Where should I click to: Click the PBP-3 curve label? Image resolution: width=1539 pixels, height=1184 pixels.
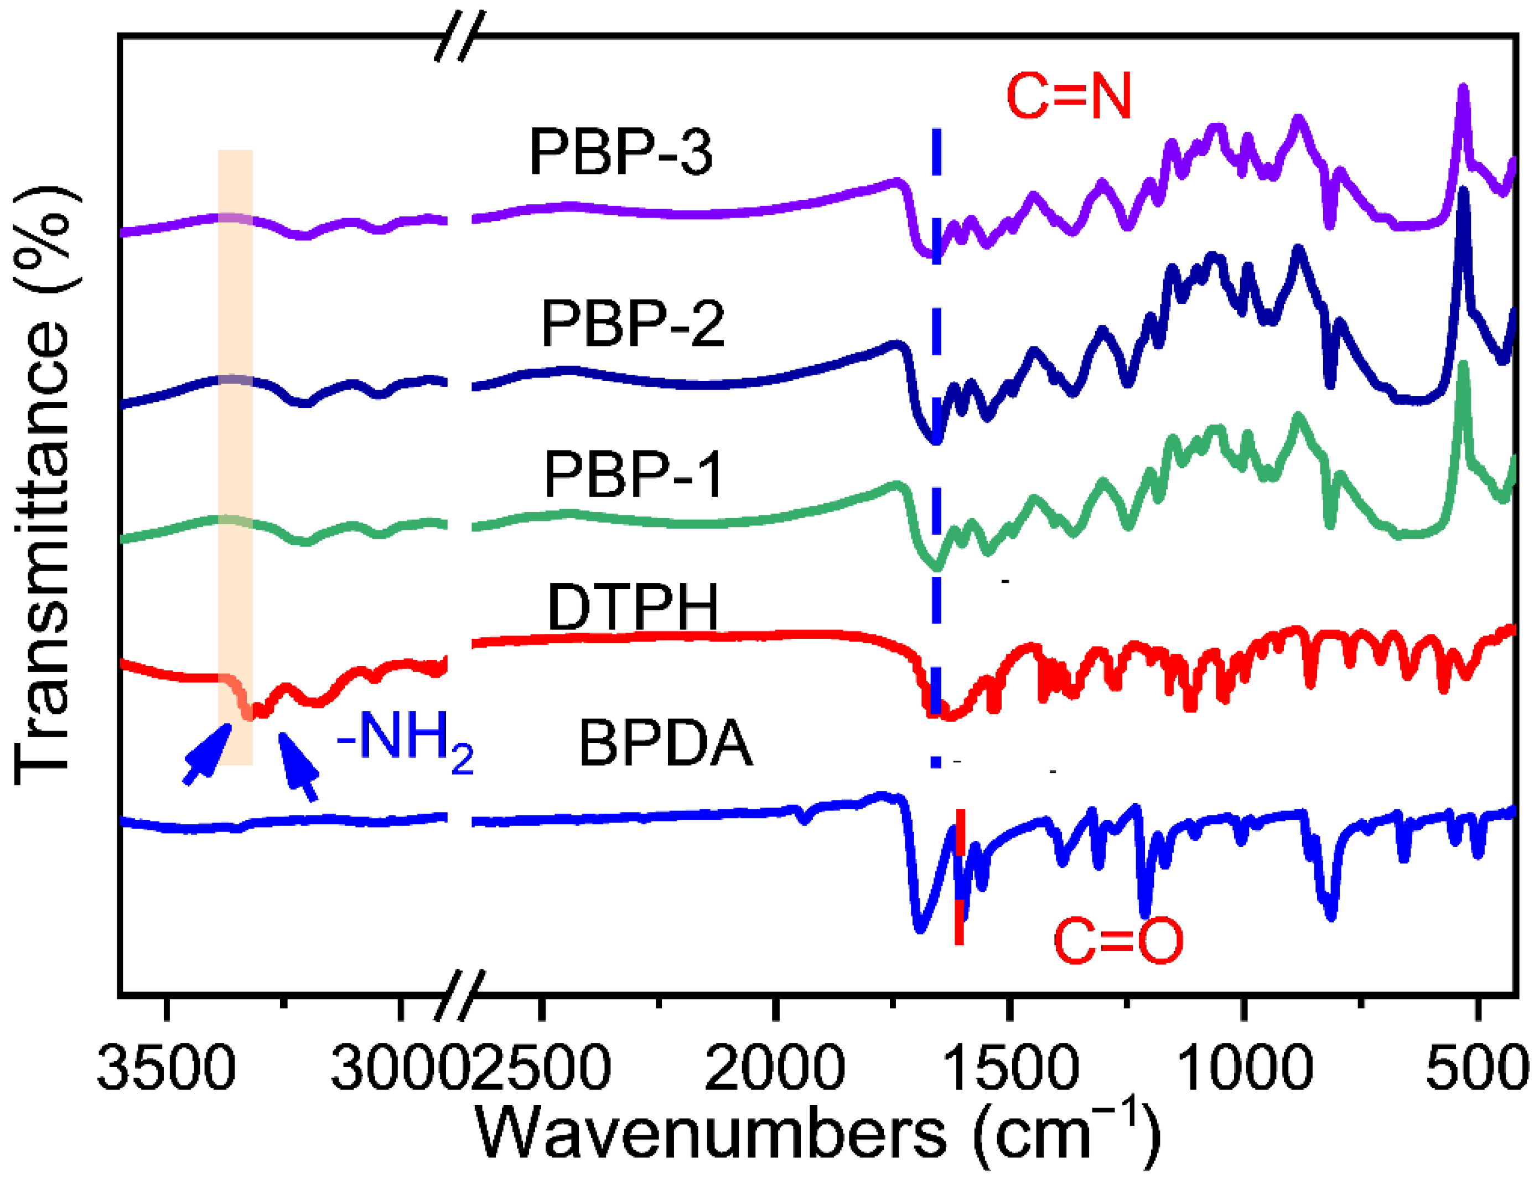coord(620,152)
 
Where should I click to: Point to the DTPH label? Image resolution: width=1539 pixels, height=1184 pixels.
coord(632,608)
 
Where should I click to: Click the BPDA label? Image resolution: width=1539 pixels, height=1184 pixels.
coord(665,743)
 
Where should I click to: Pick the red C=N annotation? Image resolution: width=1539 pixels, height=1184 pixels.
coord(1068,96)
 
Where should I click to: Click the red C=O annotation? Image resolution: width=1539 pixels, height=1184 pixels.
coord(1118,941)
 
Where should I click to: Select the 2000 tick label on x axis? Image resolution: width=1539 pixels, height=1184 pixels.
coord(774,1068)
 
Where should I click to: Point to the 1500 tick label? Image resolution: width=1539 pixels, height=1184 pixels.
coord(1009,1068)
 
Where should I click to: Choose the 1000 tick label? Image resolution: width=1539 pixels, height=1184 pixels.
coord(1243,1068)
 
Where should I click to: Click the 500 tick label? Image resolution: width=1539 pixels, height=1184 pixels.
coord(1477,1068)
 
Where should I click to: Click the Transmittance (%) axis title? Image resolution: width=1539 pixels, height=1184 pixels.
coord(44,487)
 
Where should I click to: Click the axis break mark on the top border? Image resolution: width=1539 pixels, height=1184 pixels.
coord(460,35)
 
